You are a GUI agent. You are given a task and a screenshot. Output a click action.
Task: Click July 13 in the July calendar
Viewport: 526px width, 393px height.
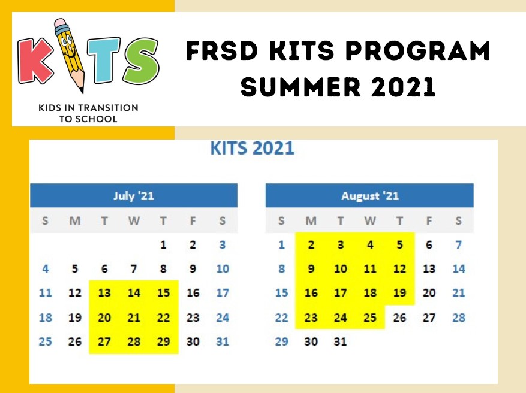(x=104, y=293)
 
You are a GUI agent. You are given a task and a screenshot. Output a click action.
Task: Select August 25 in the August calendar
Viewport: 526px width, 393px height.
(x=370, y=318)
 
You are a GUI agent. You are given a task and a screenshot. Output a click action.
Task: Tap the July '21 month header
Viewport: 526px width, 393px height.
(x=134, y=196)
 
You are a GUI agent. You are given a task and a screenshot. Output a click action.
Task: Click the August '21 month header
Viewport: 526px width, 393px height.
(x=370, y=196)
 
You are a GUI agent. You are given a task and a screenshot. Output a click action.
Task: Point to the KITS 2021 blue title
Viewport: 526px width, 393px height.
(x=252, y=148)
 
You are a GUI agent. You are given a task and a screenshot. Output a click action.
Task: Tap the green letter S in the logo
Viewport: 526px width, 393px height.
(x=140, y=61)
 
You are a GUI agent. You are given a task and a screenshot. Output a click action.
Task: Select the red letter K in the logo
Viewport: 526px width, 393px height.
(x=35, y=61)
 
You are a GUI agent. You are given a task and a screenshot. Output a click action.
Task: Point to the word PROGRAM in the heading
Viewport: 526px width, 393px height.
(x=417, y=50)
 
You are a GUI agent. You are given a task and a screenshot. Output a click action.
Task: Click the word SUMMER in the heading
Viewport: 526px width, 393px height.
(x=300, y=86)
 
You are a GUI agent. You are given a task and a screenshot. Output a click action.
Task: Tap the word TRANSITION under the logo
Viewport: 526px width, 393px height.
(x=108, y=108)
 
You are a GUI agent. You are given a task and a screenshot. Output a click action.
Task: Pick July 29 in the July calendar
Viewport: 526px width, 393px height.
(x=163, y=341)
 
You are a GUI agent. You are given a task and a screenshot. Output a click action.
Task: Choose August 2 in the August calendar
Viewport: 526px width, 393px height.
(x=311, y=245)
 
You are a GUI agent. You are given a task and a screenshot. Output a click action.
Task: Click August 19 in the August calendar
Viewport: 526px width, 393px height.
(x=399, y=293)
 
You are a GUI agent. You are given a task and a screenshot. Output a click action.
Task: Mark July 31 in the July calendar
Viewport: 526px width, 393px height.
(x=223, y=341)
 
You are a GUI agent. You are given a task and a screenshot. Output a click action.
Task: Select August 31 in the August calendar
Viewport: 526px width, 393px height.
(x=340, y=341)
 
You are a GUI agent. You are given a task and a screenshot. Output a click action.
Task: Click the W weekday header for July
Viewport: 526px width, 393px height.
(x=134, y=221)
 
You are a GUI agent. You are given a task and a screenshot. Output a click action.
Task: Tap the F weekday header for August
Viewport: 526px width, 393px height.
(x=429, y=221)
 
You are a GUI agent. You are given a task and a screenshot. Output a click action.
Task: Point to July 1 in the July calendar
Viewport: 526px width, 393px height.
(x=163, y=245)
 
